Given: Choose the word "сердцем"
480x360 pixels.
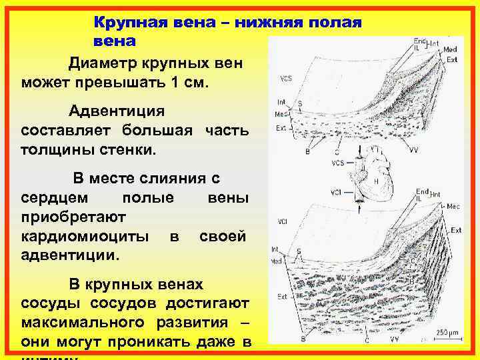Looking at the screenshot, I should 50,198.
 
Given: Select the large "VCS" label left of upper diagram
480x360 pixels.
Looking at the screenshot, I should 286,79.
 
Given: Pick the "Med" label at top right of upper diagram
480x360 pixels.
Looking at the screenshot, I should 451,49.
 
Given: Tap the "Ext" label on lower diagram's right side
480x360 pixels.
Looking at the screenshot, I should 457,230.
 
